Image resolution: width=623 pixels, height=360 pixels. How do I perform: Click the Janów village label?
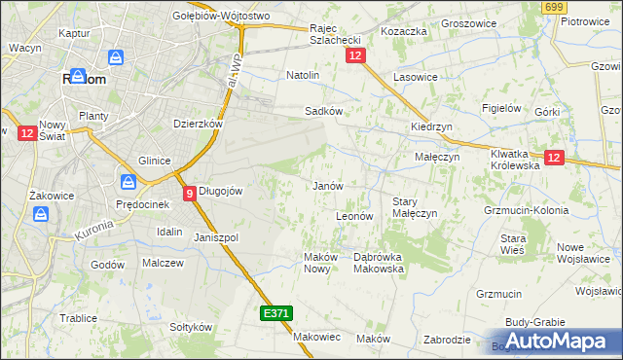coord(326,186)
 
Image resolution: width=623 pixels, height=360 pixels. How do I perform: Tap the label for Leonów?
coord(354,216)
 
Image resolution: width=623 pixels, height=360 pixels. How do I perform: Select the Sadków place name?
coord(323,111)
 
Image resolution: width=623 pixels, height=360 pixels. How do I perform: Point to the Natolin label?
coord(303,74)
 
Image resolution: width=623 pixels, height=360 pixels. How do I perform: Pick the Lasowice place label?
coord(415,76)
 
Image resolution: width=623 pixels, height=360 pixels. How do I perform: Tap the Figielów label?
coord(502,108)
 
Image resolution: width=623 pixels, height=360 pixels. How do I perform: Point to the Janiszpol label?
coord(216,237)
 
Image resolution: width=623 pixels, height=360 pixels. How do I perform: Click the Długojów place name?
coord(220,191)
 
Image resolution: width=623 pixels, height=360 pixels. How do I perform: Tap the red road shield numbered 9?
coord(189,194)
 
